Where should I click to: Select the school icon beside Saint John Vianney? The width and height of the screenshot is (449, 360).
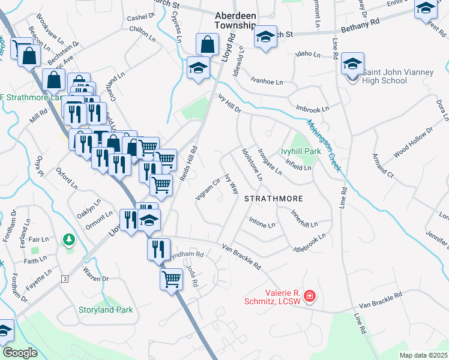click(x=352, y=64)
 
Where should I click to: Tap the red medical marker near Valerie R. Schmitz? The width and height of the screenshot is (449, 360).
click(x=309, y=296)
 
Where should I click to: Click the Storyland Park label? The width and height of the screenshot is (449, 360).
click(x=106, y=310)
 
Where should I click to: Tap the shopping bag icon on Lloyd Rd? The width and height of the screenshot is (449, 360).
click(x=207, y=45)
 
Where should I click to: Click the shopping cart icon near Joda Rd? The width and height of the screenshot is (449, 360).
click(x=171, y=279)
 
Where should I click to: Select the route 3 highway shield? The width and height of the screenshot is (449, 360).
click(x=64, y=279)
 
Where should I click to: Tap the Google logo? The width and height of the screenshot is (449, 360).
click(x=20, y=353)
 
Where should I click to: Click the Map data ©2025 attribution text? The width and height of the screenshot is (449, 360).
click(x=423, y=355)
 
